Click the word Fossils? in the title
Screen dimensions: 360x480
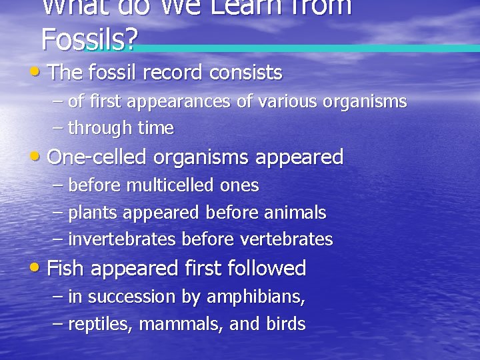click(89, 40)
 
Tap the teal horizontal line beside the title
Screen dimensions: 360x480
click(307, 48)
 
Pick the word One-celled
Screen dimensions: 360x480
click(98, 157)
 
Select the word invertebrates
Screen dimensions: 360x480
click(122, 239)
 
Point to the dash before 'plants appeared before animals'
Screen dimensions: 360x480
click(57, 213)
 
